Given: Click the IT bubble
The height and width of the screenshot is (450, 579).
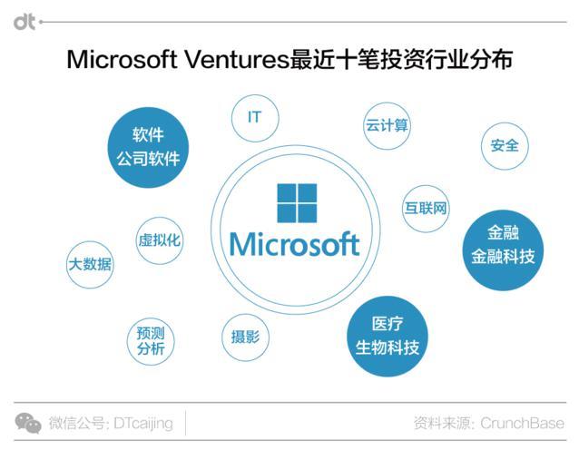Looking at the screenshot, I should click(x=255, y=118).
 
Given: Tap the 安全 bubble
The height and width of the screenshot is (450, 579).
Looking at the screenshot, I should click(x=505, y=145).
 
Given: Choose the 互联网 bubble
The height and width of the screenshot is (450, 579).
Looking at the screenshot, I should click(x=426, y=208).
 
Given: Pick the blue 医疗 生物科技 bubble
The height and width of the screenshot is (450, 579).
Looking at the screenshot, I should click(x=387, y=336).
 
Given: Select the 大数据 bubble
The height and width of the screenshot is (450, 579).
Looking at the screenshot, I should click(x=90, y=264).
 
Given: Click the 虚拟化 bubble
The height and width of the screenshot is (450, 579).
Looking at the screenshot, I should click(x=160, y=240).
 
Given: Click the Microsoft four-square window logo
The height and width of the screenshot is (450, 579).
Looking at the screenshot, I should click(x=297, y=204).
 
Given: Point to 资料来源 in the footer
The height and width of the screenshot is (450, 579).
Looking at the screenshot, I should click(x=441, y=424).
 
